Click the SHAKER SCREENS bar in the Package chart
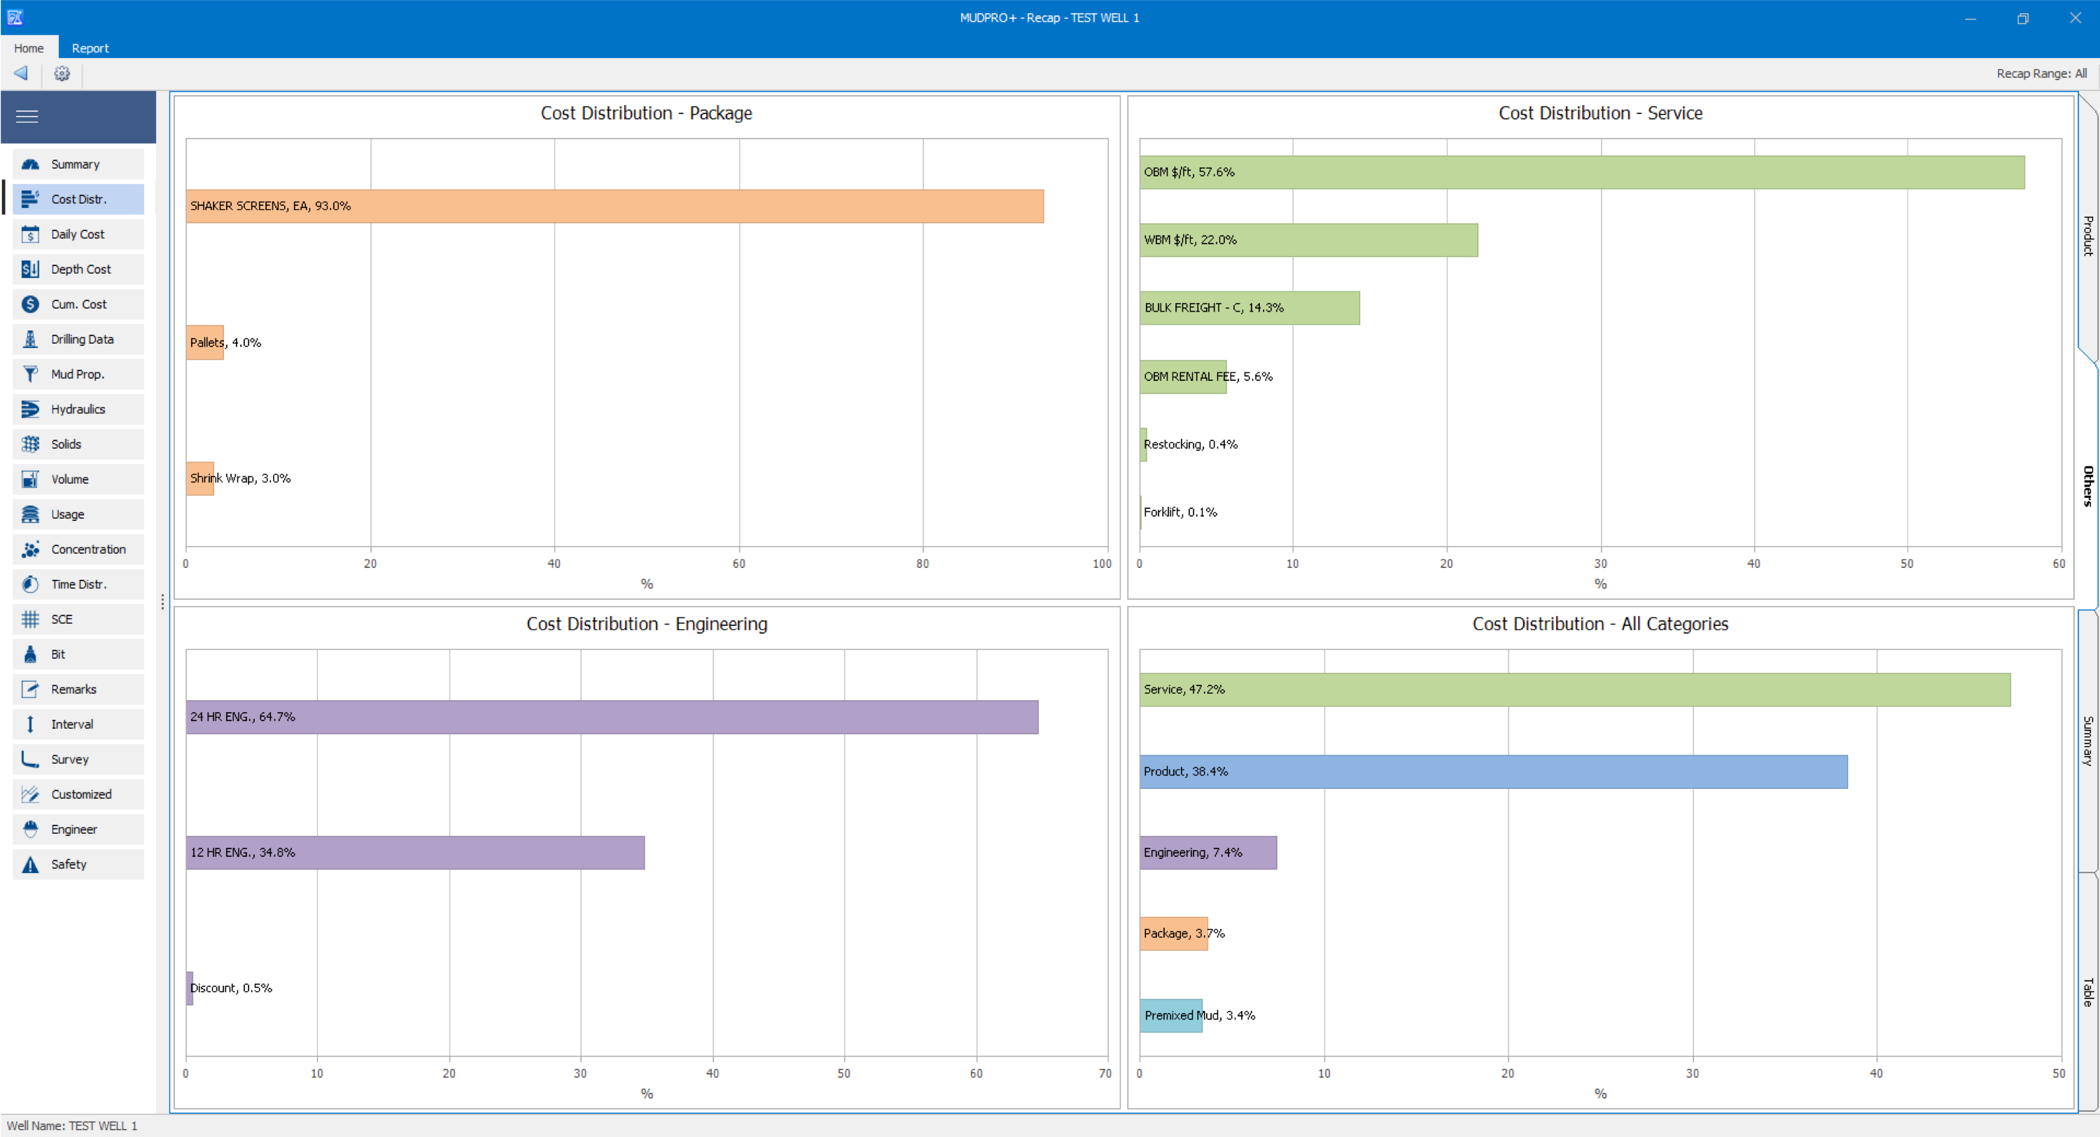[x=615, y=207]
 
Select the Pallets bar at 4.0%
[x=204, y=342]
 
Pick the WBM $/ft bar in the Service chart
[x=1308, y=240]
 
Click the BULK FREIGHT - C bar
[x=1249, y=307]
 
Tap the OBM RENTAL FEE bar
[x=1183, y=377]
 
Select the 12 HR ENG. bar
[x=415, y=852]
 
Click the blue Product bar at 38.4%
[x=1494, y=772]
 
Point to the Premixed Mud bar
[x=1170, y=1015]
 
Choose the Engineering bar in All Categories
[x=1208, y=852]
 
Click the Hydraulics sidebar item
[x=78, y=410]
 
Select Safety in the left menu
[x=78, y=865]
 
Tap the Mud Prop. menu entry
[x=78, y=375]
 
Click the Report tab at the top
[x=90, y=48]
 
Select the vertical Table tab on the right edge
[x=2088, y=992]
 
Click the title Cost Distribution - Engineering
[x=647, y=624]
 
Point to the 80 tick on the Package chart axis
[x=922, y=564]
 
